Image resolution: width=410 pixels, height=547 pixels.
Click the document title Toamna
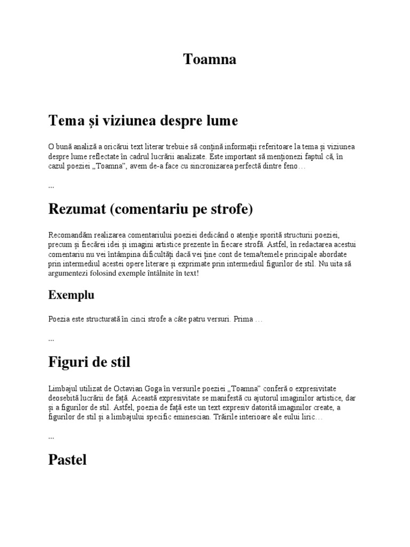pyautogui.click(x=210, y=59)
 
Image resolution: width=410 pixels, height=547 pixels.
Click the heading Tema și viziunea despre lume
pyautogui.click(x=143, y=121)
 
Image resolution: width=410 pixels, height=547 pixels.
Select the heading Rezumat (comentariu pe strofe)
pyautogui.click(x=151, y=209)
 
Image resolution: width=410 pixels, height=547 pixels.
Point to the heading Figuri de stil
pyautogui.click(x=89, y=363)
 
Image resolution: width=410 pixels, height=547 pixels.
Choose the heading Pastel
pyautogui.click(x=67, y=460)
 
